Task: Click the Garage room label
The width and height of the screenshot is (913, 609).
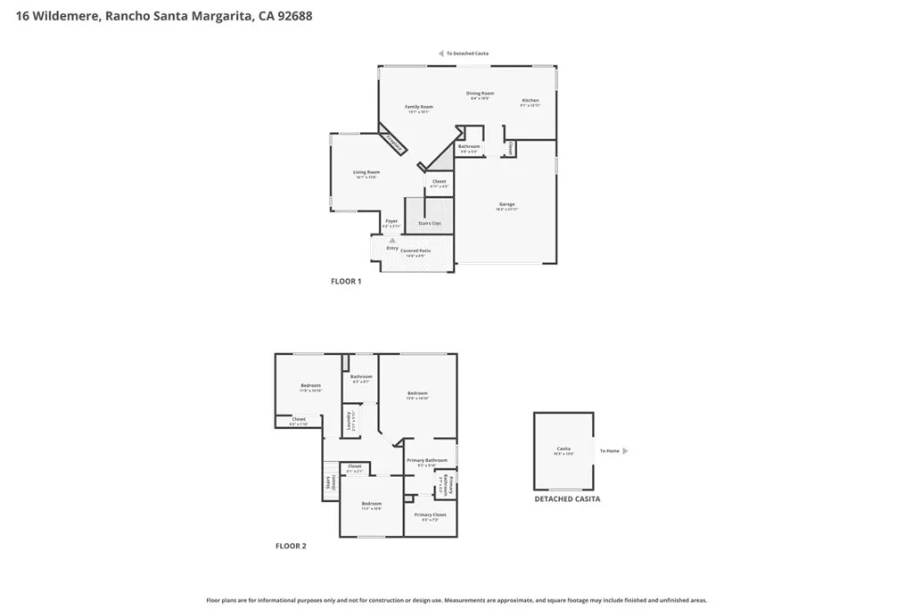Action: tap(506, 205)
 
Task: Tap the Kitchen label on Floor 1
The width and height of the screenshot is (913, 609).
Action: tap(531, 101)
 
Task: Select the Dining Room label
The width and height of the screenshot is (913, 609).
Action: tap(481, 94)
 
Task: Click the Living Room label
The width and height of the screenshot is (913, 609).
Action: tap(366, 172)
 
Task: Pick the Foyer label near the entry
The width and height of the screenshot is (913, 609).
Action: tap(391, 221)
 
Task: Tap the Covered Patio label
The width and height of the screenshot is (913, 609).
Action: tap(415, 251)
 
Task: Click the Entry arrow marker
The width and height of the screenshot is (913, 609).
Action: tap(391, 240)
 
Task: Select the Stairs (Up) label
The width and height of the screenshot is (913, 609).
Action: tap(430, 223)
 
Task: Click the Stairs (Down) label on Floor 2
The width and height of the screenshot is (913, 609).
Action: tap(329, 482)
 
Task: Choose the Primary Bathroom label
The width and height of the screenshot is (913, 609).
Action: tap(426, 460)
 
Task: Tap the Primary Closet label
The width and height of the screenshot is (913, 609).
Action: tap(430, 514)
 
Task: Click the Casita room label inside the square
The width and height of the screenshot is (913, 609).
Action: tap(563, 449)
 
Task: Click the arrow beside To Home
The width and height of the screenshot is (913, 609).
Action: tap(624, 451)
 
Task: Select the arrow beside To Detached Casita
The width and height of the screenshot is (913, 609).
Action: tap(440, 53)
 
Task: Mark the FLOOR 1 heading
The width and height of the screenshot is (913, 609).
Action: tap(346, 281)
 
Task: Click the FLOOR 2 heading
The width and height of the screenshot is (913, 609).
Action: tap(291, 546)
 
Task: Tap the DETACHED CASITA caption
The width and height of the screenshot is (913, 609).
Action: tap(567, 499)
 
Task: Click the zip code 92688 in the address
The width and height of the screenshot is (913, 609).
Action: tap(294, 16)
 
